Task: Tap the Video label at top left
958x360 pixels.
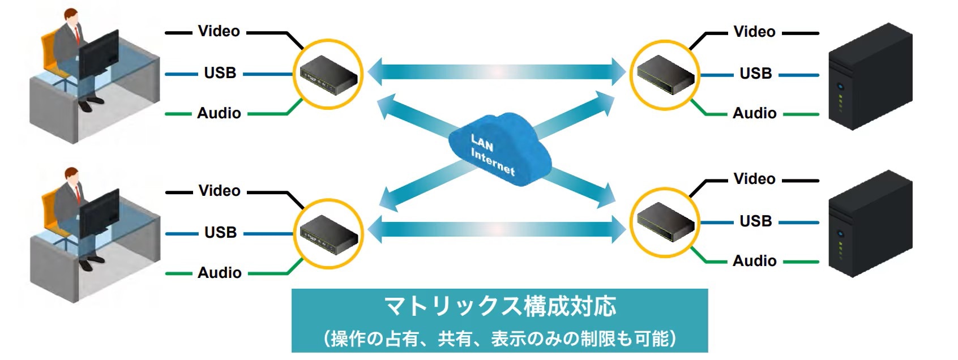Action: [219, 32]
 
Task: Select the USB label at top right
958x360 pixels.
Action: [755, 74]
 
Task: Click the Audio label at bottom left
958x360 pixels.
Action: [220, 273]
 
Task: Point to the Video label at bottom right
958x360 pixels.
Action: [754, 179]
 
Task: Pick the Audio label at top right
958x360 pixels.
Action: [754, 113]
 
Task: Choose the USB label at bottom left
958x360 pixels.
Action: [220, 233]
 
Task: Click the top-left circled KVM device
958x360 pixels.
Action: [328, 74]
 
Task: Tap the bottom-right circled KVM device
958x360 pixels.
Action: [665, 222]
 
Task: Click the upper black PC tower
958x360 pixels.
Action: [869, 76]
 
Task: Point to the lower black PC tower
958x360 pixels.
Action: [869, 224]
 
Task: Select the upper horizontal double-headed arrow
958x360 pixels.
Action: [497, 72]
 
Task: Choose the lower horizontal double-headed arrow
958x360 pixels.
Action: [497, 229]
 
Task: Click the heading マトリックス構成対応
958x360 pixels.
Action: [499, 307]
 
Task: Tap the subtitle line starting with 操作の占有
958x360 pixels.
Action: [499, 338]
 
